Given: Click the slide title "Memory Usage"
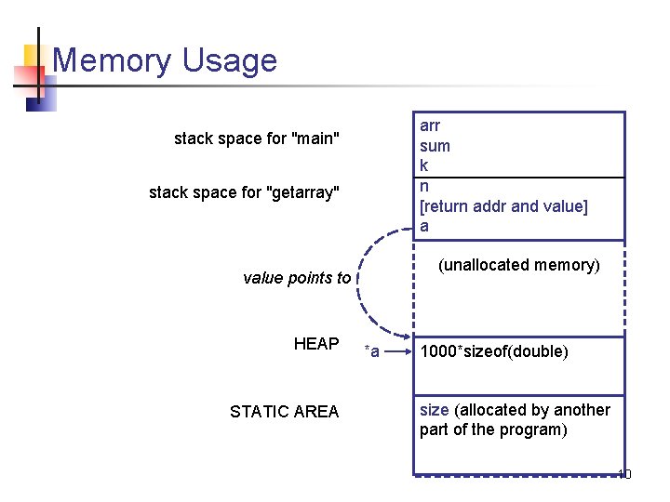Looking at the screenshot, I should [x=165, y=60].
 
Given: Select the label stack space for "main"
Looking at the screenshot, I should [x=257, y=139].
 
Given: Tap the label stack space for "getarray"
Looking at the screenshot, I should [x=245, y=192].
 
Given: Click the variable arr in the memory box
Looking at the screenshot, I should [x=430, y=125].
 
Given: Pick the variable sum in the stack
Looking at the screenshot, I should [x=435, y=146].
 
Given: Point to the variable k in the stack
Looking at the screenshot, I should [x=424, y=165].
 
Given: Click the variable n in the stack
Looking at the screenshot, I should [x=424, y=186].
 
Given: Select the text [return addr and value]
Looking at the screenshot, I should [x=503, y=205].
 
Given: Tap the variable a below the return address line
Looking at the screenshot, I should [x=424, y=226].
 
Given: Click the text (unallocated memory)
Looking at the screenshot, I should [x=519, y=265].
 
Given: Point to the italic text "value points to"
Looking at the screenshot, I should [x=297, y=278].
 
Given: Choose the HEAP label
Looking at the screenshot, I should [x=316, y=344].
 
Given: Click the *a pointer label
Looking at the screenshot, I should [x=371, y=351].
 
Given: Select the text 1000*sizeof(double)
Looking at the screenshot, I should [x=494, y=351].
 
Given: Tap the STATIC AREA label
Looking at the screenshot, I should [x=284, y=412].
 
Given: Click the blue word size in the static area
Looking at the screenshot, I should [x=434, y=410].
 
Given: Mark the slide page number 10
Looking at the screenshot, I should [x=623, y=474].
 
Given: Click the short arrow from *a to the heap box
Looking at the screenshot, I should [x=395, y=351].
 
